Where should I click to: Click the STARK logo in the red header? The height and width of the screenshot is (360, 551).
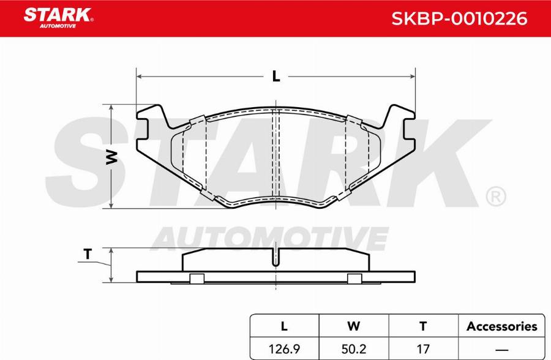(x=58, y=18)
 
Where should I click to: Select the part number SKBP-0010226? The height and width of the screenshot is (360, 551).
(x=459, y=18)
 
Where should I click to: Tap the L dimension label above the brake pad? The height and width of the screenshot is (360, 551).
(x=276, y=76)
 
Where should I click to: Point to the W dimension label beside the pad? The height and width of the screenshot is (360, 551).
(x=111, y=157)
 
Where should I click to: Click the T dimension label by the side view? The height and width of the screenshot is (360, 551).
(x=88, y=254)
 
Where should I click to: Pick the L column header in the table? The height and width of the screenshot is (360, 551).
(x=284, y=326)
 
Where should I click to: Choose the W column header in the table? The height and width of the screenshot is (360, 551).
(x=353, y=326)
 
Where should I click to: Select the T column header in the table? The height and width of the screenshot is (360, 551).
(x=423, y=326)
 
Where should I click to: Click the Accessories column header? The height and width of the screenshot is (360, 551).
(x=502, y=326)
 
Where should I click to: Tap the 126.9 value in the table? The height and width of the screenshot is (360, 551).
(x=284, y=349)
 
